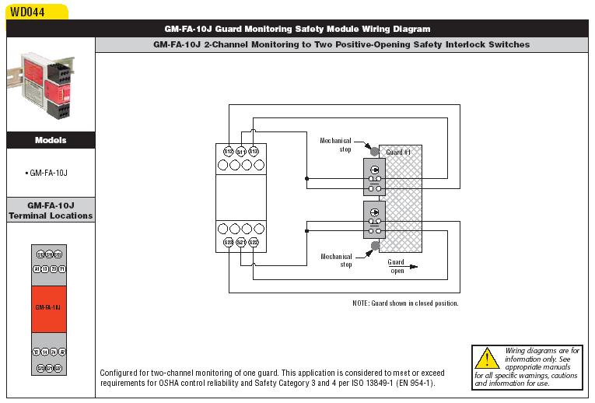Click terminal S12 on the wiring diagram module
click(x=229, y=151)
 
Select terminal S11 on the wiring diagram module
click(x=241, y=151)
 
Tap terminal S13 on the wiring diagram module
click(x=254, y=151)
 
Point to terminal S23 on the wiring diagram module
click(x=229, y=243)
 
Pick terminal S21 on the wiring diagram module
click(x=241, y=243)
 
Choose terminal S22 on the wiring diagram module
click(x=254, y=243)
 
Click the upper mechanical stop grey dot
click(x=375, y=152)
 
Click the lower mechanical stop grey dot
click(x=375, y=246)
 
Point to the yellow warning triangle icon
click(x=487, y=359)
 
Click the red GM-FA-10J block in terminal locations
click(x=48, y=307)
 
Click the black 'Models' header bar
click(x=51, y=141)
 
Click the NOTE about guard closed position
click(x=405, y=303)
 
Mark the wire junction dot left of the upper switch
click(x=307, y=178)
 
